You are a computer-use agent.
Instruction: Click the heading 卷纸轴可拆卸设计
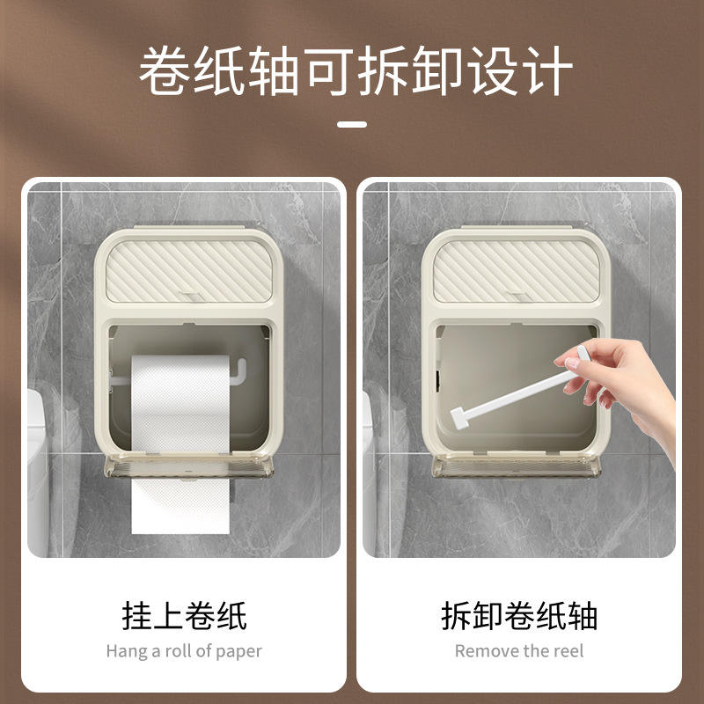click(x=356, y=71)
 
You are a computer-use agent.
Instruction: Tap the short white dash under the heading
click(x=352, y=124)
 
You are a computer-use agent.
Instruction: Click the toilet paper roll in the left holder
click(x=180, y=404)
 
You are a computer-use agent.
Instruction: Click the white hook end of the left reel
click(x=239, y=371)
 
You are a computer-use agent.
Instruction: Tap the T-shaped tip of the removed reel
click(x=459, y=419)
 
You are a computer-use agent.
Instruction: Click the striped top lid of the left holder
click(x=189, y=271)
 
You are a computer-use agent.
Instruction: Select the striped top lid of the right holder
click(x=517, y=271)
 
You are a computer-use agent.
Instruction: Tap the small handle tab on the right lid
click(x=520, y=297)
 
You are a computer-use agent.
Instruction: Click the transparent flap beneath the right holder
click(x=517, y=466)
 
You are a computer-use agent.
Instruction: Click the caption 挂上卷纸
click(x=184, y=615)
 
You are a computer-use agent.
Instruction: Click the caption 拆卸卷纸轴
click(x=519, y=615)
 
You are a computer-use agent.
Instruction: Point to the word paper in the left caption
click(x=238, y=652)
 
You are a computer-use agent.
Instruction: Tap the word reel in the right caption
click(x=568, y=651)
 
